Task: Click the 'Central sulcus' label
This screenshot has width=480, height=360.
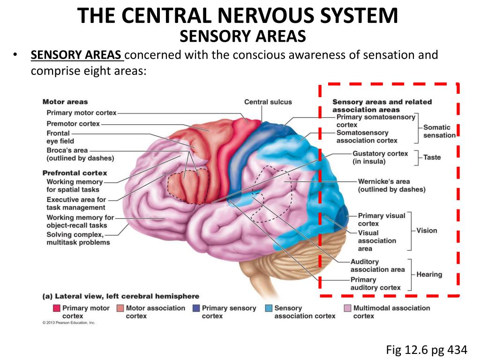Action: click(x=268, y=102)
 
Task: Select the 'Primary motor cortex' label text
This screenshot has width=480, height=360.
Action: click(x=82, y=112)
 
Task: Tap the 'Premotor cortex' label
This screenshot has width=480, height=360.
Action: click(x=73, y=124)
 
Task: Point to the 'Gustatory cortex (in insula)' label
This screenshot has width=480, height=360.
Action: click(x=380, y=157)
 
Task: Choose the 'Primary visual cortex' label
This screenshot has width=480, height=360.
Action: click(x=381, y=219)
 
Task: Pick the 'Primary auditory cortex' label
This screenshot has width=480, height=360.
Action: click(x=375, y=284)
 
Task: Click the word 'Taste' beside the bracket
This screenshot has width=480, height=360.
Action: click(x=432, y=157)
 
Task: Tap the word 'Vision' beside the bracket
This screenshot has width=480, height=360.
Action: click(x=427, y=231)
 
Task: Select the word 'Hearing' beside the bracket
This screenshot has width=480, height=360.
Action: click(x=429, y=275)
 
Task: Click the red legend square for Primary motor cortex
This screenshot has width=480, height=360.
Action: click(x=57, y=308)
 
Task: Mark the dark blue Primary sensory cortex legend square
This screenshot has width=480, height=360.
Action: click(x=196, y=308)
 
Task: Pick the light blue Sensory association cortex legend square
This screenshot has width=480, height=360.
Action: click(x=269, y=308)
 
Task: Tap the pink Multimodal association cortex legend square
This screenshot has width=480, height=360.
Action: click(x=348, y=308)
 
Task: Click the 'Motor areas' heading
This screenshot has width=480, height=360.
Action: click(x=65, y=102)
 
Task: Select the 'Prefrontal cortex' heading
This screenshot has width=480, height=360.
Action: click(x=75, y=173)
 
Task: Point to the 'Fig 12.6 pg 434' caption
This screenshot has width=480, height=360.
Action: click(x=427, y=349)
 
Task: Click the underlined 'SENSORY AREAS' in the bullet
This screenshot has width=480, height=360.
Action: click(x=76, y=55)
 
